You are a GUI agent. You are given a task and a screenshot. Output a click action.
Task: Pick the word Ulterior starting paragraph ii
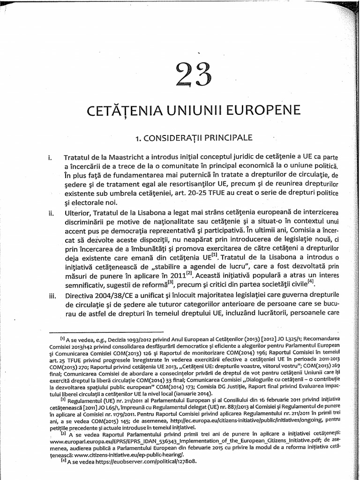pyautogui.click(x=76, y=211)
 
